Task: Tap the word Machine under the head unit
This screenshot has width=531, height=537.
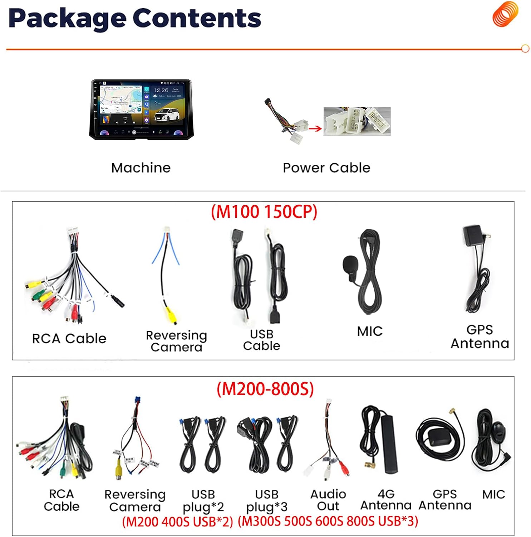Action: point(141,168)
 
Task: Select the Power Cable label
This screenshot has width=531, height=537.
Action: point(326,168)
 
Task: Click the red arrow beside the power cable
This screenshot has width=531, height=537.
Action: point(315,129)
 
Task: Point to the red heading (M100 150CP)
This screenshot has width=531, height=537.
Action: point(264,212)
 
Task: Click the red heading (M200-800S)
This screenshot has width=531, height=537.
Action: point(265,389)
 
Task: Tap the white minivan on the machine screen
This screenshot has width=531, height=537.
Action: point(167,115)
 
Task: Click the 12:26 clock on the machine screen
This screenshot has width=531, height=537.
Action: point(161,90)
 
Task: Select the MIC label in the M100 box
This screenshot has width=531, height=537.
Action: point(369,331)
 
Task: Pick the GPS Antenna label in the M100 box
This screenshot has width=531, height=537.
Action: point(480,337)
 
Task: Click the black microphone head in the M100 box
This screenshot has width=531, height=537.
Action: point(350,264)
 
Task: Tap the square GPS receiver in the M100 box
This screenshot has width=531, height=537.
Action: point(472,236)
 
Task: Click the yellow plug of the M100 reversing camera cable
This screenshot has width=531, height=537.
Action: point(171,316)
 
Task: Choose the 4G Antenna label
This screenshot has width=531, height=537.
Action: point(386,499)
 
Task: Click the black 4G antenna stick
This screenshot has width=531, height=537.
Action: point(390,444)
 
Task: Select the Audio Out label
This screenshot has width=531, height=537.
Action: point(328,500)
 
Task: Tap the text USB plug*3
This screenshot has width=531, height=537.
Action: point(266,500)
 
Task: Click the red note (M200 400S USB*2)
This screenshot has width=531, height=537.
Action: point(177,522)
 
